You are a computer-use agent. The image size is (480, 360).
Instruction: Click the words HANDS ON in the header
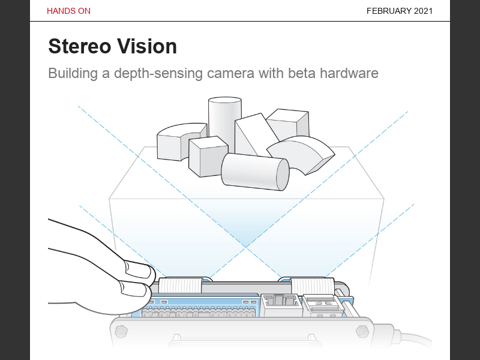point(68,11)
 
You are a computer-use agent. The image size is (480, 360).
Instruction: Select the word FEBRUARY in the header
point(388,11)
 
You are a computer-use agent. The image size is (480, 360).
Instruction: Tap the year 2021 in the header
point(422,11)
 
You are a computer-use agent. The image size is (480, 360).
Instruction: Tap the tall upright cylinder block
point(224,120)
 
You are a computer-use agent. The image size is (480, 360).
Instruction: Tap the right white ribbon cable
point(313,286)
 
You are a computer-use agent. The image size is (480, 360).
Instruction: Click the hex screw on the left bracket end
point(121,331)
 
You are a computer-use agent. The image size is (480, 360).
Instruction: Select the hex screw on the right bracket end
point(362,331)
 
